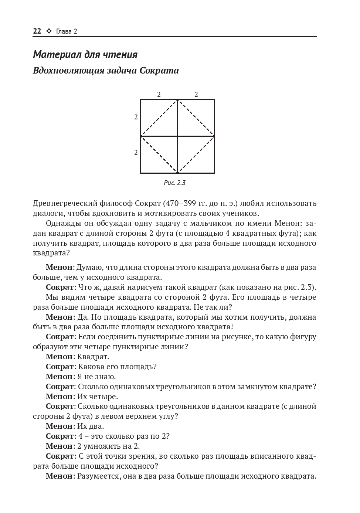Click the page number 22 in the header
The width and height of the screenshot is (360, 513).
click(37, 31)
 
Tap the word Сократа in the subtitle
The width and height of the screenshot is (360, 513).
click(160, 71)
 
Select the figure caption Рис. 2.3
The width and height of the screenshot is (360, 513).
click(174, 183)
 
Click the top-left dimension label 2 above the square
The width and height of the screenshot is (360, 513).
click(159, 95)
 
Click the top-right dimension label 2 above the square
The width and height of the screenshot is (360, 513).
click(196, 95)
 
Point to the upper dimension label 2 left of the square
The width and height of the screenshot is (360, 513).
click(136, 117)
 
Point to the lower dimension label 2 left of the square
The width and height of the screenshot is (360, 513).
click(136, 152)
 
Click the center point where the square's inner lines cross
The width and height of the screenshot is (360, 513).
click(178, 136)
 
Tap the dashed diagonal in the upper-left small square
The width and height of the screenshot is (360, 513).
click(159, 118)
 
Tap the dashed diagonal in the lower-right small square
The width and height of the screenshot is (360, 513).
click(196, 154)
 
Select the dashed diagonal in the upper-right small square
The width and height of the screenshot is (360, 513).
click(196, 118)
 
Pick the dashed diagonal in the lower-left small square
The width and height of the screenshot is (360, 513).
click(159, 154)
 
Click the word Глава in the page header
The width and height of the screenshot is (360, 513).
click(64, 31)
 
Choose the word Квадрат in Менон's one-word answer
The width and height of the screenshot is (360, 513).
click(93, 357)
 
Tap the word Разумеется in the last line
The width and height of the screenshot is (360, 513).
click(98, 476)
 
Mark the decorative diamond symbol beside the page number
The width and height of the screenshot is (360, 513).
click(48, 31)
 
